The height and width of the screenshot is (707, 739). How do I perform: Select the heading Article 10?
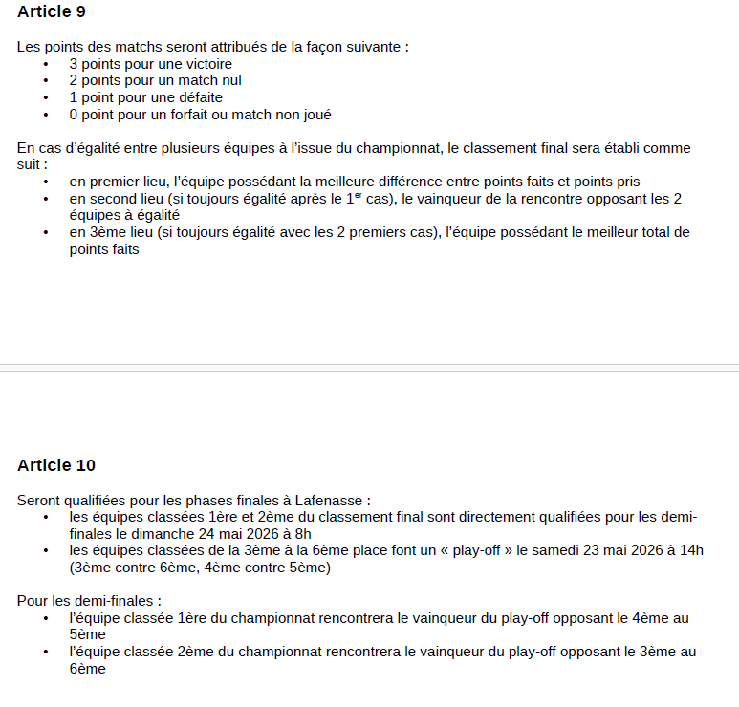coord(56,465)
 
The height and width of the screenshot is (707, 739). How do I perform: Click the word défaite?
coord(197,97)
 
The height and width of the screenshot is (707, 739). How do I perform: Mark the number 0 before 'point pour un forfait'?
coord(73,115)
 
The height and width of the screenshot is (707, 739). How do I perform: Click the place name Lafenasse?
coord(335,500)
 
